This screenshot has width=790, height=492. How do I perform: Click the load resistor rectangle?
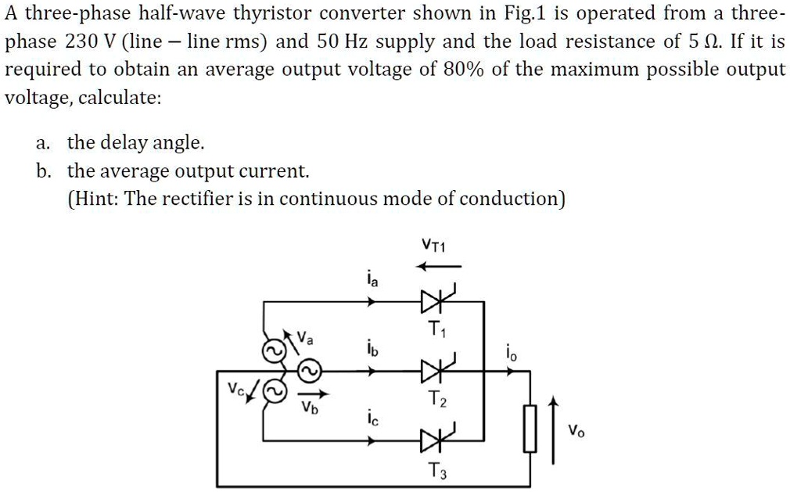tap(530, 428)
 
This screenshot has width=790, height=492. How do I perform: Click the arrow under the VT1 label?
tap(437, 267)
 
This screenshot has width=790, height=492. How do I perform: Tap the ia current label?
tap(372, 279)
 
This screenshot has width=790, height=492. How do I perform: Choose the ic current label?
tap(372, 420)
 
